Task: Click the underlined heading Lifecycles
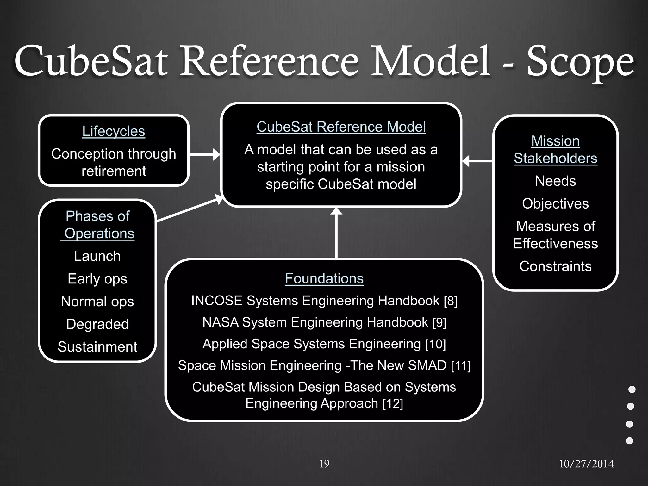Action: [x=114, y=131]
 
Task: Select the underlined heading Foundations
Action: [x=324, y=278]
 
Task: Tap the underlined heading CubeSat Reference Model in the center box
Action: [x=341, y=127]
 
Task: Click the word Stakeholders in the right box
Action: [x=555, y=158]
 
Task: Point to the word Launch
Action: [x=97, y=256]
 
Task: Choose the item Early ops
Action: [x=97, y=279]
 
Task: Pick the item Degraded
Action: [x=97, y=324]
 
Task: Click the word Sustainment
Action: [x=97, y=347]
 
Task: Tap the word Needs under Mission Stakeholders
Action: [x=555, y=181]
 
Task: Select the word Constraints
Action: [x=555, y=266]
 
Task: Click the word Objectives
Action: [x=555, y=203]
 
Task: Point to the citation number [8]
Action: [x=451, y=301]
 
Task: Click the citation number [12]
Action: [x=393, y=403]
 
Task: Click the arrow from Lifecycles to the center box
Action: [x=204, y=155]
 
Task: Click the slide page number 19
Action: [x=324, y=464]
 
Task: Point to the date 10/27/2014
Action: [x=586, y=464]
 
